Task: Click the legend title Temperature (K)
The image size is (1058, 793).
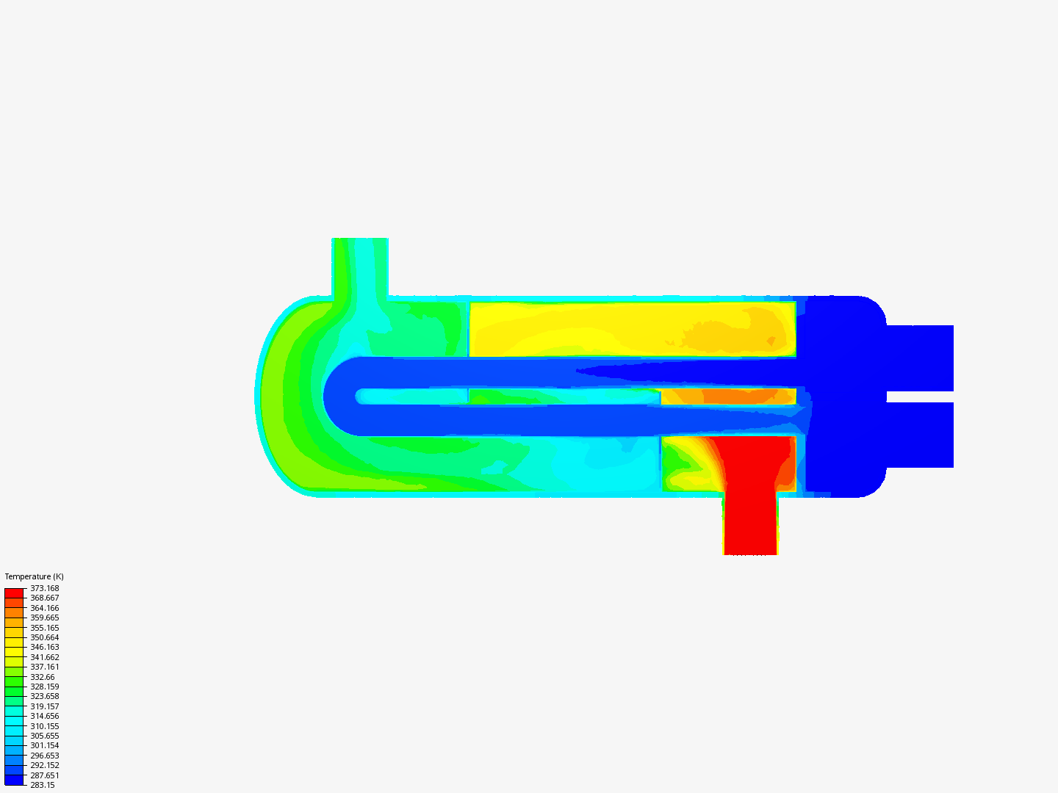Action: pyautogui.click(x=34, y=576)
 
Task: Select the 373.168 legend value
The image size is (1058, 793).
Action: pyautogui.click(x=44, y=588)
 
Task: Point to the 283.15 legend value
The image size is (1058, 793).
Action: pyautogui.click(x=42, y=785)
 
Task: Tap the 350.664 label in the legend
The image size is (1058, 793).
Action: pyautogui.click(x=44, y=637)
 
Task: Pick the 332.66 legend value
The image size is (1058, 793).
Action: pyautogui.click(x=42, y=677)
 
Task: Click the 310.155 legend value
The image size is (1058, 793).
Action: pyautogui.click(x=44, y=726)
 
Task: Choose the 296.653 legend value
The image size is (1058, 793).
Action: pyautogui.click(x=44, y=756)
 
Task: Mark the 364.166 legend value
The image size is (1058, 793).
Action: pyautogui.click(x=44, y=608)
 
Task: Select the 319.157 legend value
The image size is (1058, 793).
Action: pyautogui.click(x=44, y=706)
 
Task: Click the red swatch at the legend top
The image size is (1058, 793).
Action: pyautogui.click(x=14, y=593)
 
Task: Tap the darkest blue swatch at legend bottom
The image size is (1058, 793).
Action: pyautogui.click(x=14, y=780)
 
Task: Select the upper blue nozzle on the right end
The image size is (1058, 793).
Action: pyautogui.click(x=920, y=358)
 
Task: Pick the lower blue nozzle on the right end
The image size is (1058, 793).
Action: pyautogui.click(x=920, y=435)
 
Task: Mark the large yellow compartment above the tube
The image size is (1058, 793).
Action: pyautogui.click(x=632, y=329)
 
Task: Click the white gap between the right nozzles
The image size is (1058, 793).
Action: pyautogui.click(x=920, y=396)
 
